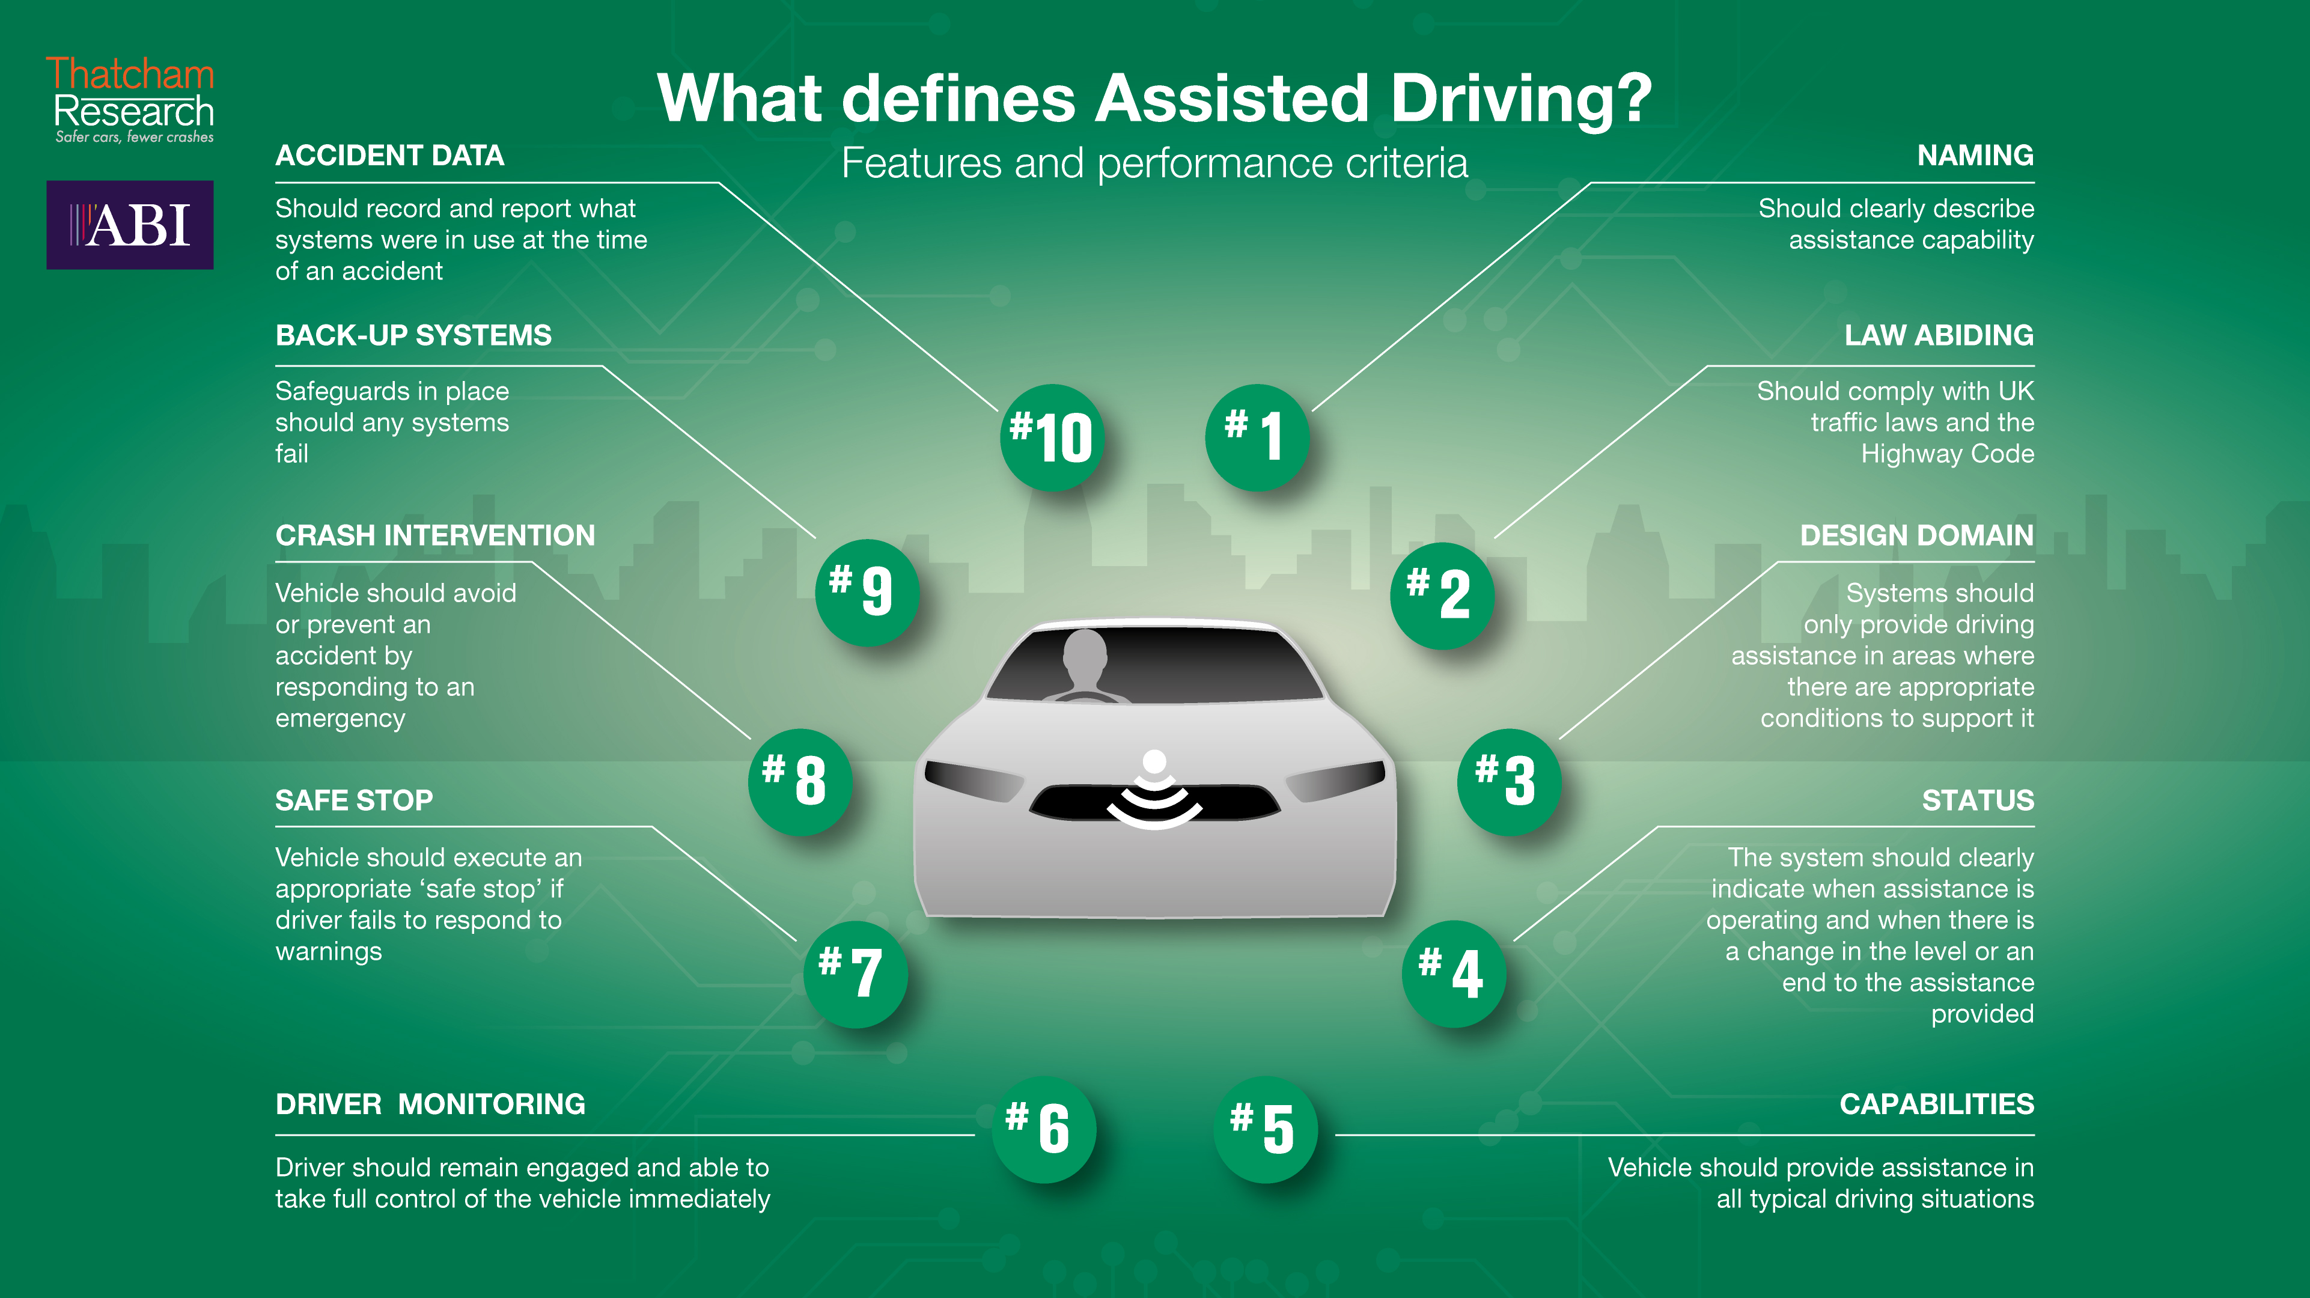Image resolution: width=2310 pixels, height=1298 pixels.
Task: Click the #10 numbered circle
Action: pyautogui.click(x=1051, y=437)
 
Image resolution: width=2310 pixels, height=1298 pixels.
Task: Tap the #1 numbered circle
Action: pyautogui.click(x=1257, y=437)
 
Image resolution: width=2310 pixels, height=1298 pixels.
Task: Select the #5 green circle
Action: pyautogui.click(x=1266, y=1129)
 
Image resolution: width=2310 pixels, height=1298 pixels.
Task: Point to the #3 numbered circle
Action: pyautogui.click(x=1509, y=781)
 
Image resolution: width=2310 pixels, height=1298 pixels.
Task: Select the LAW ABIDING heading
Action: pyautogui.click(x=1939, y=335)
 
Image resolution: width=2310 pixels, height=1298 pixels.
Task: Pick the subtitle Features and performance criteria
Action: pyautogui.click(x=1155, y=163)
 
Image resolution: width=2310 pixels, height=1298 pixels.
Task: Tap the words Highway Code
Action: pyautogui.click(x=1948, y=454)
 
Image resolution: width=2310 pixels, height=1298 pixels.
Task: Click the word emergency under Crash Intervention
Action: pyautogui.click(x=340, y=719)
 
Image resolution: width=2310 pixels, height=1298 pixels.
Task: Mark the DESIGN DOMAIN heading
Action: pyautogui.click(x=1917, y=535)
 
